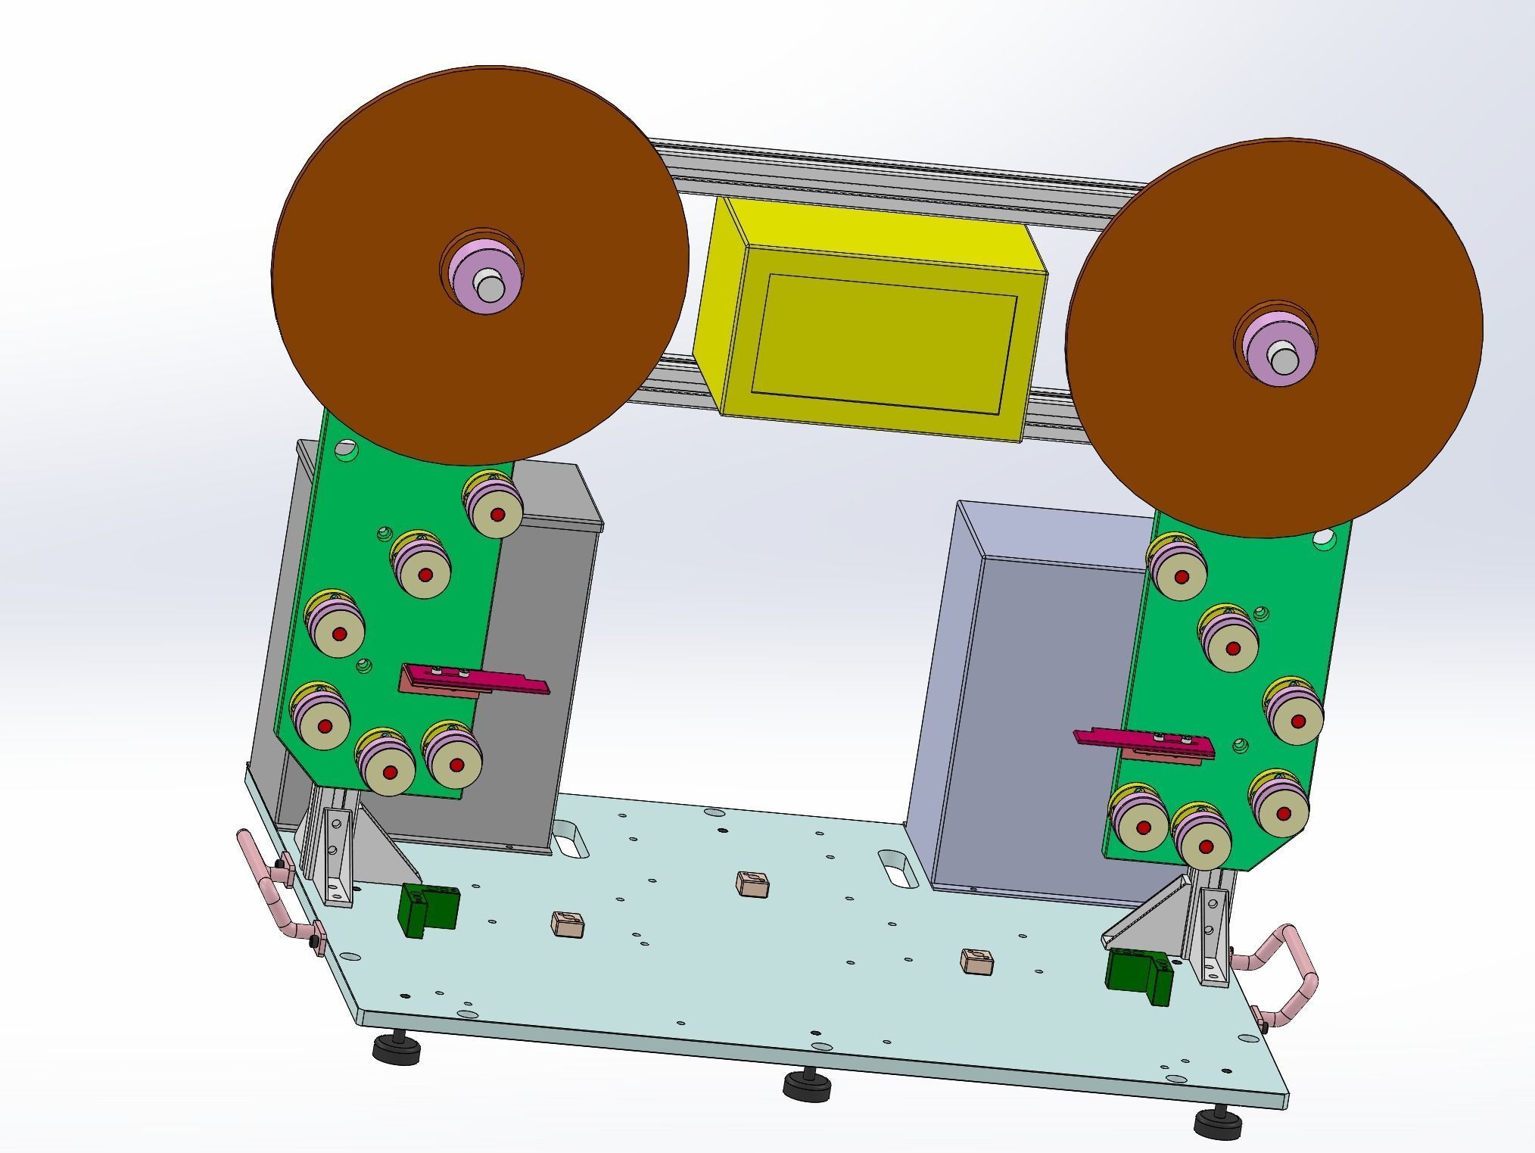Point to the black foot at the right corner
pos(1218,1123)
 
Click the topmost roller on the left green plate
pos(494,506)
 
